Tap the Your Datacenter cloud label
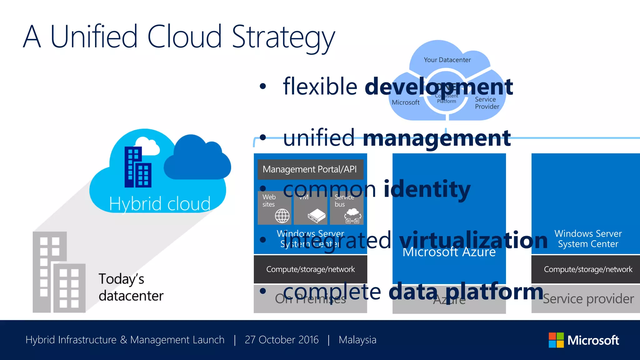pos(447,60)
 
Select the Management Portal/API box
pos(310,169)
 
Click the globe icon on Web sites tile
pos(282,216)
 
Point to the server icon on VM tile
pos(316,216)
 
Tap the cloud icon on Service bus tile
pos(353,212)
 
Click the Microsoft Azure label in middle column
pos(449,252)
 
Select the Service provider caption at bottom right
pos(588,299)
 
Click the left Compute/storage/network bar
pos(310,269)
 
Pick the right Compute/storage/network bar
pos(587,269)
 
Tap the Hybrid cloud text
pos(160,204)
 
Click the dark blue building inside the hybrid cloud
pos(137,167)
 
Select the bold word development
pos(439,87)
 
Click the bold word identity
pos(427,189)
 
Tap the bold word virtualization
pos(473,240)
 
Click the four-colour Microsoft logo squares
pos(556,340)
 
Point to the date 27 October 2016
pos(282,340)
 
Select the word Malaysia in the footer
pos(357,340)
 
